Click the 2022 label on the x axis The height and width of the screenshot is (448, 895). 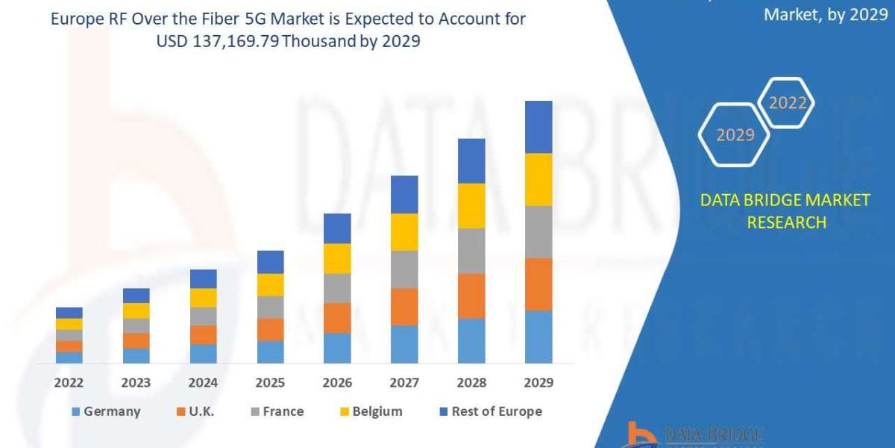(69, 383)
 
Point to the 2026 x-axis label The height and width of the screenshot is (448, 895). (337, 383)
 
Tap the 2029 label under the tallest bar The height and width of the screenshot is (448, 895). (538, 383)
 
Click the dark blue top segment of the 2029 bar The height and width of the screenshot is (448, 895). (538, 127)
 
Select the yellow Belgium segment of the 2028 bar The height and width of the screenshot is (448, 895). (471, 205)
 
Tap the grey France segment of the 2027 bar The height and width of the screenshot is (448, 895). (404, 270)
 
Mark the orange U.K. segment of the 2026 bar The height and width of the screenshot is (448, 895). (337, 318)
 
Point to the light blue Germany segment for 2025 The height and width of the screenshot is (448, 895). (270, 352)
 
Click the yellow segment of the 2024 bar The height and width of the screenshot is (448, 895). (203, 298)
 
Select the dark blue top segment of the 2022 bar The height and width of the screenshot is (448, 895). (69, 313)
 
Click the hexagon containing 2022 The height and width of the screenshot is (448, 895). (785, 103)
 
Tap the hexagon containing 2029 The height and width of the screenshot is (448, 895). (735, 134)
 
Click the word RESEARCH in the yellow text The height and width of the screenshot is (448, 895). (785, 223)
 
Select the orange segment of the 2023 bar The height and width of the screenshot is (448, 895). (136, 340)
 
